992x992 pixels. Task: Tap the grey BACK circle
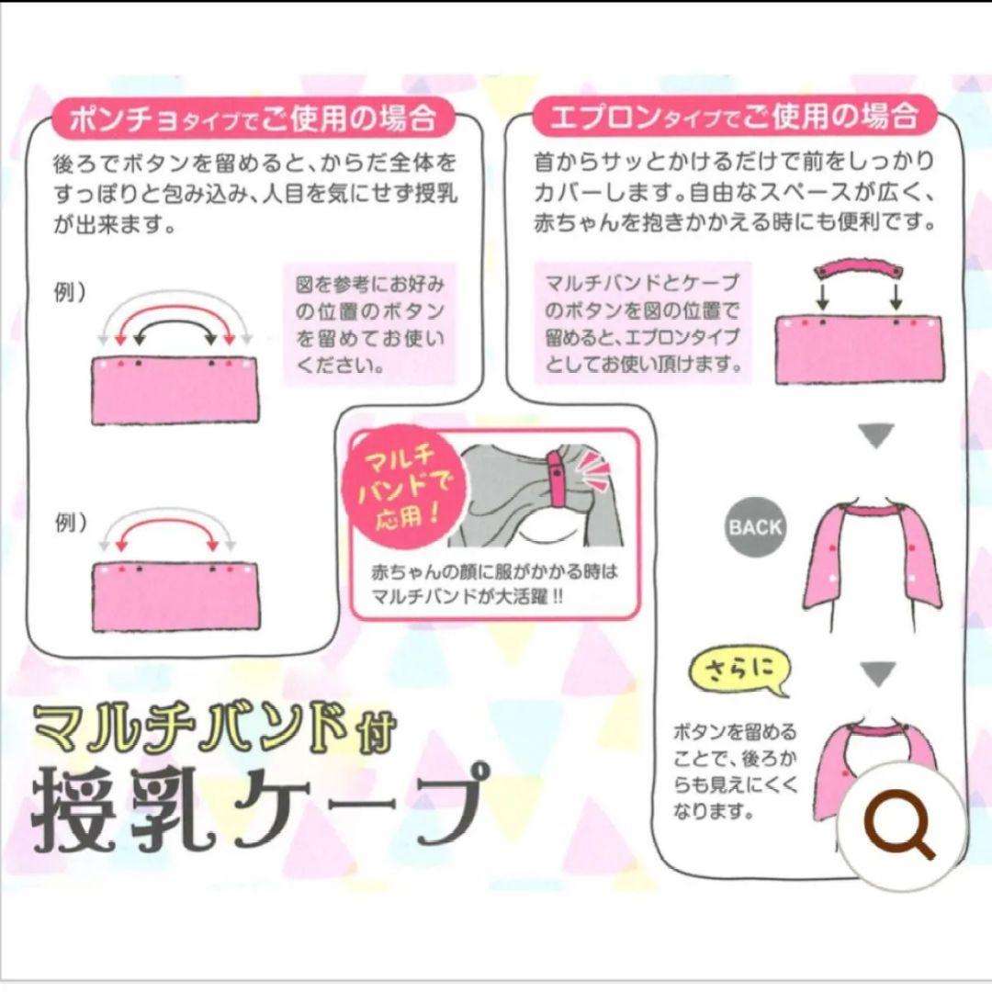[x=755, y=527]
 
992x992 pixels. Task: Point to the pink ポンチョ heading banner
[x=253, y=118]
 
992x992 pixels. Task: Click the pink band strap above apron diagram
[x=859, y=271]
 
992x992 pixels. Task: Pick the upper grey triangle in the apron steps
[x=876, y=436]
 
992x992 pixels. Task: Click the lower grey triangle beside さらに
[x=878, y=674]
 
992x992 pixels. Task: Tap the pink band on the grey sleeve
[x=559, y=479]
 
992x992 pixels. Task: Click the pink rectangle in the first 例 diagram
[x=175, y=391]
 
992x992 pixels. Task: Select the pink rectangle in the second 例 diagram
[x=175, y=597]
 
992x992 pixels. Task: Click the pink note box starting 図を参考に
[x=369, y=324]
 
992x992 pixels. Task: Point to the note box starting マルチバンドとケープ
[x=642, y=323]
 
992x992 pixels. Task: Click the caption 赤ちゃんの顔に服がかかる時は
[x=494, y=572]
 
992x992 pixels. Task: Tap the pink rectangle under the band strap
[x=860, y=350]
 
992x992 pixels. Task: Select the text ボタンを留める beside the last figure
[x=734, y=733]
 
